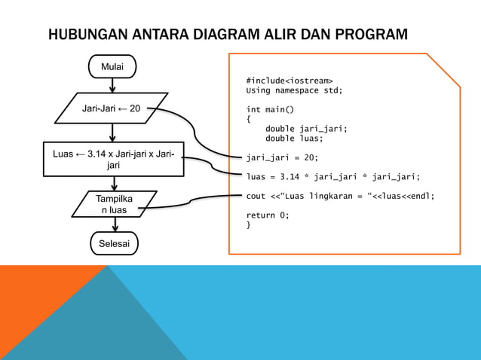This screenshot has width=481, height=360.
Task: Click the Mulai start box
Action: [112, 67]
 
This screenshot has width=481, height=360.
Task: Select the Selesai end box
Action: [114, 243]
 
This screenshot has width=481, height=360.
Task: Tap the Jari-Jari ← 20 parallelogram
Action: [112, 108]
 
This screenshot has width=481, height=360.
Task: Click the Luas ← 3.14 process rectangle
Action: [113, 159]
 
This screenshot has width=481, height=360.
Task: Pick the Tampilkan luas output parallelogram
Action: [115, 204]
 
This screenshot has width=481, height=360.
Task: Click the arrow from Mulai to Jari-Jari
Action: [112, 85]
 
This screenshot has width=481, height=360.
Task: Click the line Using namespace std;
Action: [294, 90]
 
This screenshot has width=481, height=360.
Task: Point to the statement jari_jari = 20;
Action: [282, 157]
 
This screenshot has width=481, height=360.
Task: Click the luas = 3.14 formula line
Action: [333, 177]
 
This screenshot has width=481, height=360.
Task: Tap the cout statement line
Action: [341, 196]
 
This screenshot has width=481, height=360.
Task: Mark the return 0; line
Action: [268, 215]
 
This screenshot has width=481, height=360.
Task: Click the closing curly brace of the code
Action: [249, 224]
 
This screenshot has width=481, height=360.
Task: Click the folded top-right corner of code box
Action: [446, 69]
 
